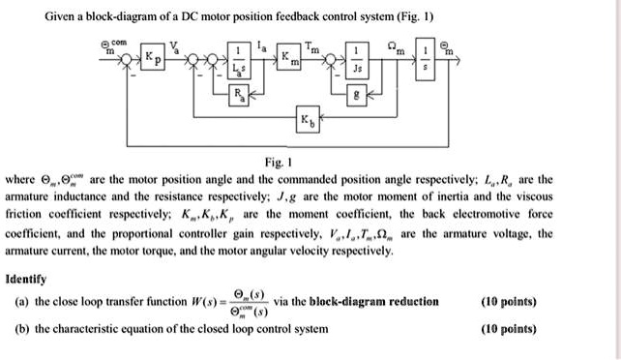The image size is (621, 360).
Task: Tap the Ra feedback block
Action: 238,96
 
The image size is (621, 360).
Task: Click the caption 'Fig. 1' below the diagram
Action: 311,165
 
